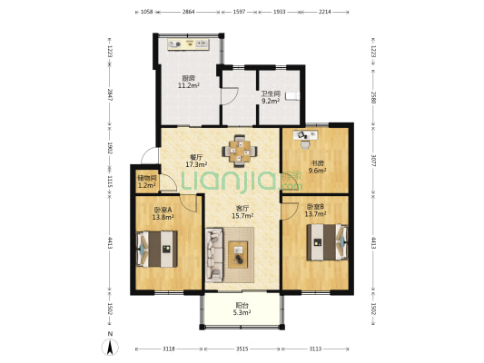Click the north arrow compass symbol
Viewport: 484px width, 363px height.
(110, 347)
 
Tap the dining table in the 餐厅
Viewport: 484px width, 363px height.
(240, 152)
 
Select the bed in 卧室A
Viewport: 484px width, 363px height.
(157, 249)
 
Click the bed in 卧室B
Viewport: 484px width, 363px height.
(327, 242)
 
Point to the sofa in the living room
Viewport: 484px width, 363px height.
(214, 255)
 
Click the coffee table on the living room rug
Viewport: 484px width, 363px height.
(238, 255)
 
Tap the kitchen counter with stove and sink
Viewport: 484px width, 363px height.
(189, 44)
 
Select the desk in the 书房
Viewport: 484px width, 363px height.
(305, 135)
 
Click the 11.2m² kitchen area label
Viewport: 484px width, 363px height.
(188, 85)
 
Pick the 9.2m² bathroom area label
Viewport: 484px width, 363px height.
(271, 101)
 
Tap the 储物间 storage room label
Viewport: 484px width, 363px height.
(146, 178)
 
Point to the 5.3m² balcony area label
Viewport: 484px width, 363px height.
(242, 313)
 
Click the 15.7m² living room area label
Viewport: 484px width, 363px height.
(242, 216)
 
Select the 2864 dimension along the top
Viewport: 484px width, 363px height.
(188, 12)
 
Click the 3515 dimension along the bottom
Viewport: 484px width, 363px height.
(242, 348)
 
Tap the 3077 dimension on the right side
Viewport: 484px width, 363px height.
(373, 161)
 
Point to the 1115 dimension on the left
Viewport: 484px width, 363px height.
(110, 181)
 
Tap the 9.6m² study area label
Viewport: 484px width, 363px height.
(317, 171)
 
